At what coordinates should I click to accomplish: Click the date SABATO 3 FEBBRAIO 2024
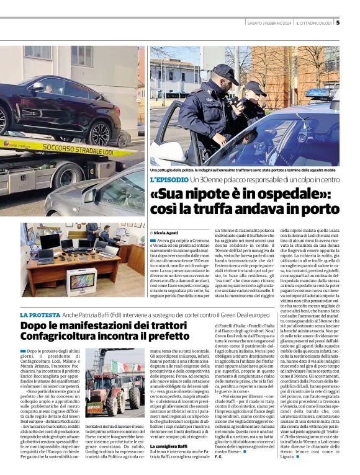pos(268,24)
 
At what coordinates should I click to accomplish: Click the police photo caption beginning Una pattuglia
pos(242,170)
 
